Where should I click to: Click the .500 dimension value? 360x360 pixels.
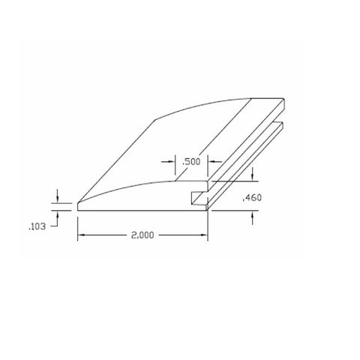tap(191, 162)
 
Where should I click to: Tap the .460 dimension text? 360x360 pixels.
tap(252, 198)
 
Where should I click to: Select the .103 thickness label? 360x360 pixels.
tap(37, 226)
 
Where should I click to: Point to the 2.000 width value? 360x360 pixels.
tap(142, 235)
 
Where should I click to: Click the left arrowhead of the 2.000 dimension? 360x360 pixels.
tap(81, 235)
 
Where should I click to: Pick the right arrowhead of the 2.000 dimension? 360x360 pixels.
tap(204, 235)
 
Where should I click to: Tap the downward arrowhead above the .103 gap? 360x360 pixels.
tap(58, 199)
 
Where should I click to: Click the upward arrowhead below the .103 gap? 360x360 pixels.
tap(58, 214)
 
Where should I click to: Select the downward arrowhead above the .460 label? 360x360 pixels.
tap(252, 177)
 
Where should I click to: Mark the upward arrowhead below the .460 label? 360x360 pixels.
tap(252, 214)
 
